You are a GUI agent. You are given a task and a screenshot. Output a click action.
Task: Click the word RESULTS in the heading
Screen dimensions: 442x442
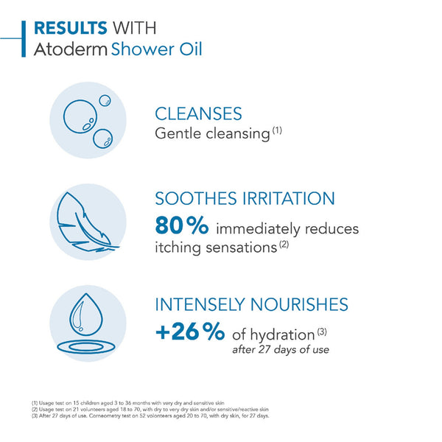pos(71,28)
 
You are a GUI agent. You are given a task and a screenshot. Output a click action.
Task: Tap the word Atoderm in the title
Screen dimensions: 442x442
pos(71,49)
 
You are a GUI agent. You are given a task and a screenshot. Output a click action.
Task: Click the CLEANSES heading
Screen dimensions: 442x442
pos(198,113)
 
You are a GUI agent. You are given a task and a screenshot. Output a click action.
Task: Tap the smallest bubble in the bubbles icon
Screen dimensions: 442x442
pos(105,100)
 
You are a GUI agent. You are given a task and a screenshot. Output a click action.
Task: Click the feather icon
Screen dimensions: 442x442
pos(85,222)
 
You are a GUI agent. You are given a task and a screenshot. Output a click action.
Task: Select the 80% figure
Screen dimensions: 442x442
pos(182,225)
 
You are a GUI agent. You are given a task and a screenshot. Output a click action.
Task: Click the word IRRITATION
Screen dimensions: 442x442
pos(289,198)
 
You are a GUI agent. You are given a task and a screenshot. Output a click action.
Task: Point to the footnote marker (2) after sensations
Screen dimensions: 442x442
pos(284,244)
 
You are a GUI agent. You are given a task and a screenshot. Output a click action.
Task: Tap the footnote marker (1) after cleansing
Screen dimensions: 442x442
pos(277,130)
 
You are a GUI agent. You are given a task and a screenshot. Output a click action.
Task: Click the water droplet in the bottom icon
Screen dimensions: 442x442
pos(86,314)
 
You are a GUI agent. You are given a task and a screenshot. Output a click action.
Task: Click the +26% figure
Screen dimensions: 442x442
pos(190,332)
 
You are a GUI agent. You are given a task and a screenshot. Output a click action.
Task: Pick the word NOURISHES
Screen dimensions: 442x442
pos(299,305)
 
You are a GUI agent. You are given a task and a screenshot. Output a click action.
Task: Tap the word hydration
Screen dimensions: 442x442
pos(282,335)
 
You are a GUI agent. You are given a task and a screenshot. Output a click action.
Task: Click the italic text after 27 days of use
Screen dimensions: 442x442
pos(281,350)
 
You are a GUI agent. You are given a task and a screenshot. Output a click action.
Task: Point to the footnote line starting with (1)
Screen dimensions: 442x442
pos(128,403)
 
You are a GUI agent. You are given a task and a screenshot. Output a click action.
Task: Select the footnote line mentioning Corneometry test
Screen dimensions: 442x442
pos(150,415)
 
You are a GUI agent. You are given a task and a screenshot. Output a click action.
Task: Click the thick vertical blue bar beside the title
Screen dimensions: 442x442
pos(24,38)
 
